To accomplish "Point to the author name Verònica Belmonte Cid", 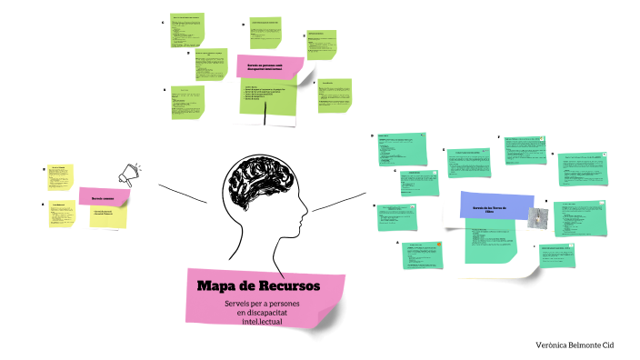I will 587,346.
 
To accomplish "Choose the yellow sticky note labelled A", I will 62,214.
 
